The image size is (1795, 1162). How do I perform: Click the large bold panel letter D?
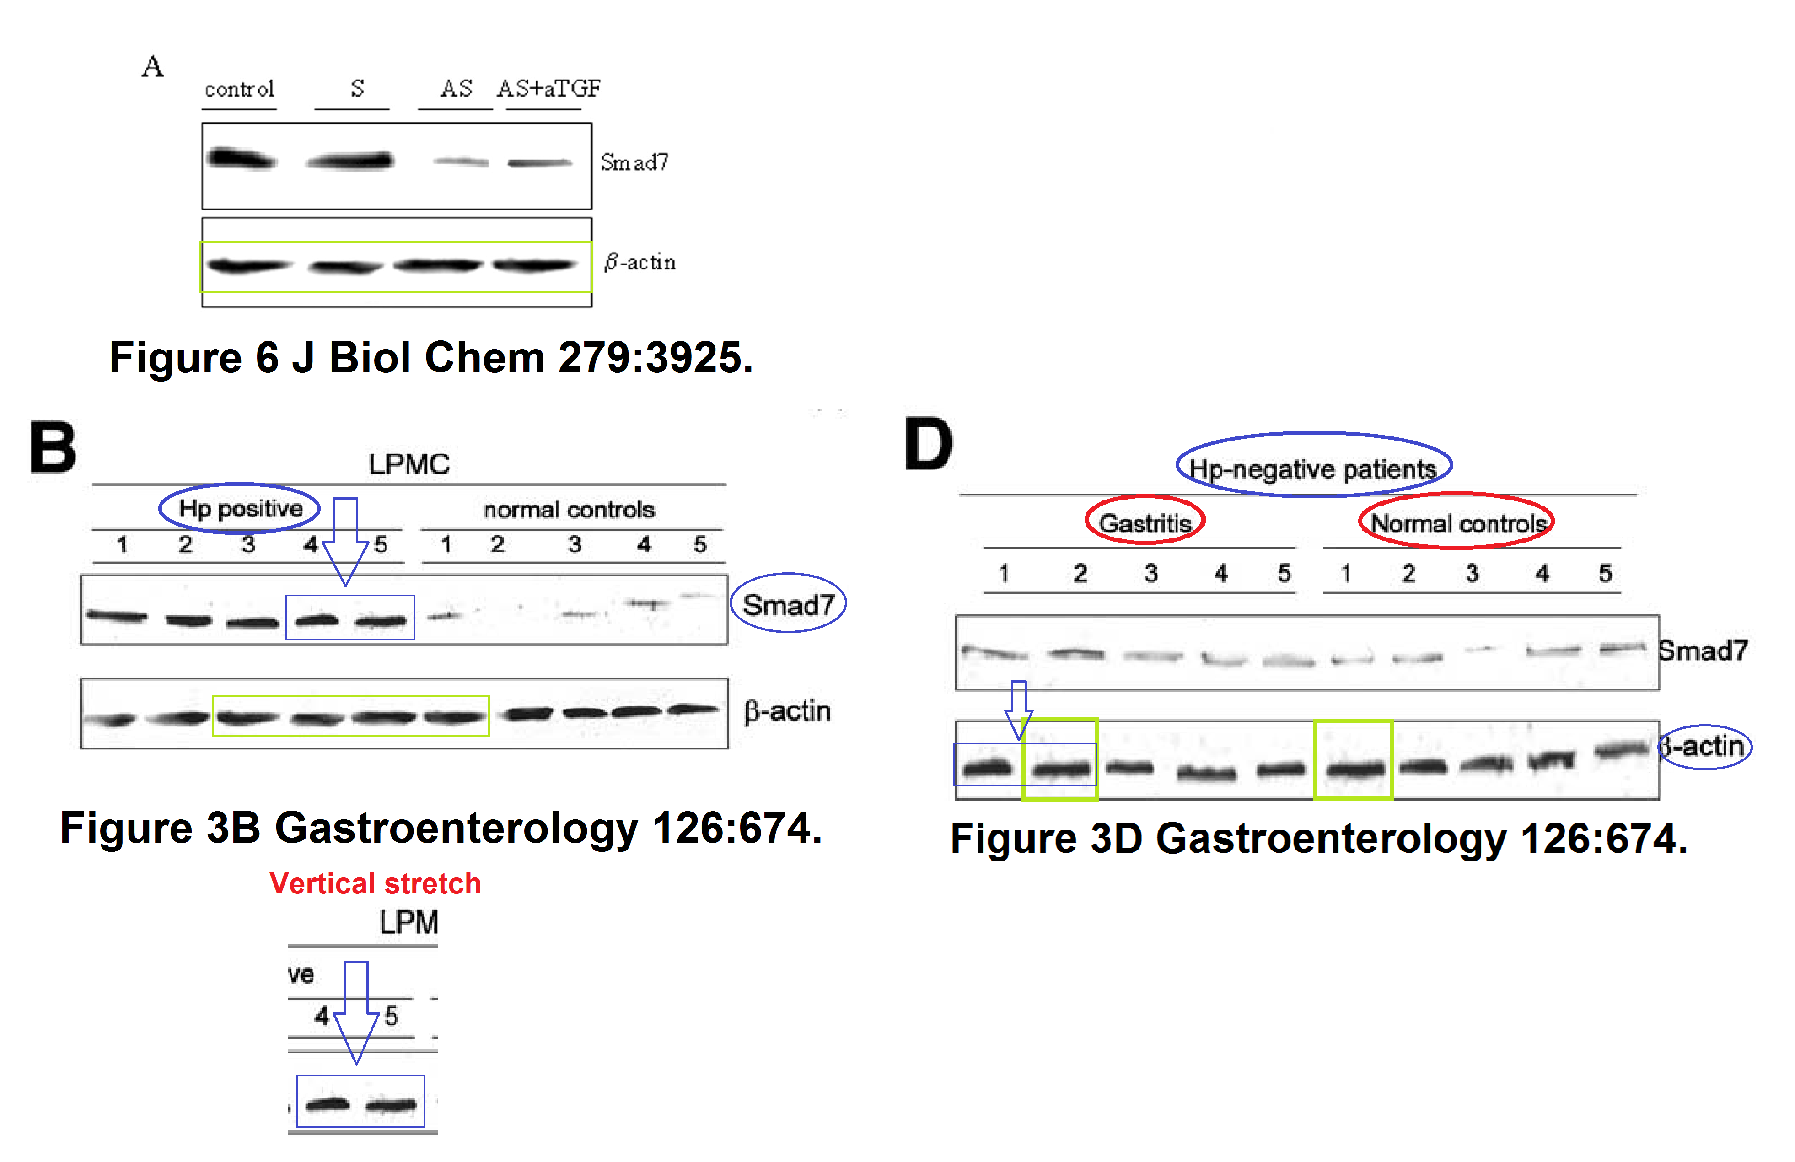[929, 444]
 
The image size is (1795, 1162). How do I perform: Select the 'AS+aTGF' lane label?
[548, 88]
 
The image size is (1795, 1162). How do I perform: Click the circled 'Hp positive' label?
[240, 508]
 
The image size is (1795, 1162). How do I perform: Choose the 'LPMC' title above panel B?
[409, 464]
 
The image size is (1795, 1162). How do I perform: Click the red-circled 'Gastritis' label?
[1144, 522]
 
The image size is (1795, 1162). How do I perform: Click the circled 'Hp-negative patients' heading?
[1312, 468]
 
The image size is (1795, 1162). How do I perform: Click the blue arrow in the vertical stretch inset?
[356, 1011]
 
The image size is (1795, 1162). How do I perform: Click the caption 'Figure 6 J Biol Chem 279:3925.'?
[430, 357]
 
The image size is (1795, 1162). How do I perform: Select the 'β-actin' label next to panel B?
[787, 711]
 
